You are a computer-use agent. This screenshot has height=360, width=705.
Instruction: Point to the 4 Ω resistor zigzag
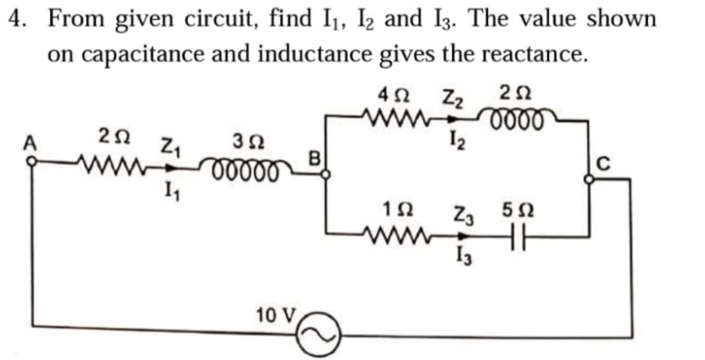click(x=393, y=117)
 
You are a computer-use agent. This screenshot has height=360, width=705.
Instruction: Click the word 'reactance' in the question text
click(x=518, y=54)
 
